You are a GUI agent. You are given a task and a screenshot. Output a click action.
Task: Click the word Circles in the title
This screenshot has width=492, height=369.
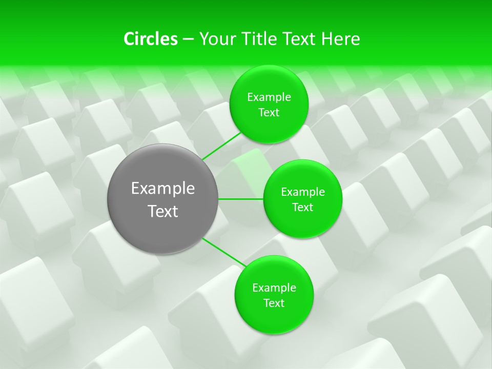tap(150, 39)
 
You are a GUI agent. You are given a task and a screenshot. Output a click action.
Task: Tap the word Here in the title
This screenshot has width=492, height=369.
tap(340, 39)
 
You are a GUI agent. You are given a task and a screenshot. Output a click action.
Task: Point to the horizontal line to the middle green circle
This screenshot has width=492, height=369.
tap(241, 199)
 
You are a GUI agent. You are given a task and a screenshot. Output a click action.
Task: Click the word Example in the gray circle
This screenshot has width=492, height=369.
tap(163, 189)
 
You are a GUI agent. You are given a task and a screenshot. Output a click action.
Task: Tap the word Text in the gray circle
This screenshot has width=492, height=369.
tap(163, 211)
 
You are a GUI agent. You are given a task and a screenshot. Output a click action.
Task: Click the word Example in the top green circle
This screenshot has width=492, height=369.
tap(269, 97)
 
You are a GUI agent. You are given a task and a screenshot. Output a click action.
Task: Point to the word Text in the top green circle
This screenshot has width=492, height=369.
tap(269, 113)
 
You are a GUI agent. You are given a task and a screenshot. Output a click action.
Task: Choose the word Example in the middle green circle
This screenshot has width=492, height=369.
tap(303, 192)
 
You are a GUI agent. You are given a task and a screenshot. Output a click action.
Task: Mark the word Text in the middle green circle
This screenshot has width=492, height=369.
tap(303, 208)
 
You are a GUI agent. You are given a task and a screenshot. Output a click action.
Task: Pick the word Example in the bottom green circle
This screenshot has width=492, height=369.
tap(274, 288)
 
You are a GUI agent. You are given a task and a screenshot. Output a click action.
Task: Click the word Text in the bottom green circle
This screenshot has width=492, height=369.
tap(274, 303)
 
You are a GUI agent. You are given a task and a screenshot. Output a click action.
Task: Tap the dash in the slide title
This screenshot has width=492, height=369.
tap(188, 39)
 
